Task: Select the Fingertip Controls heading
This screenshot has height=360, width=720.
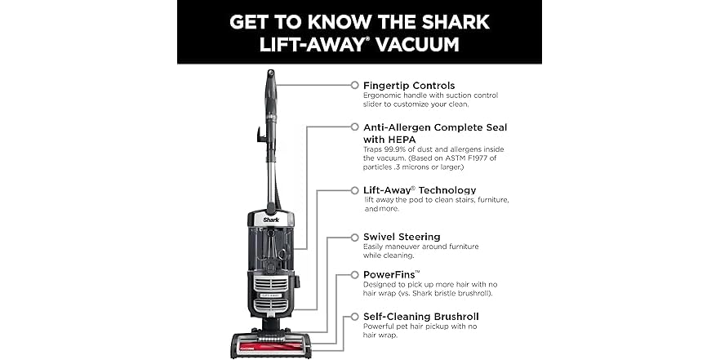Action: coord(409,85)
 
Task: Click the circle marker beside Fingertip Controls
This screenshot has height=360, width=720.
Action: coord(354,85)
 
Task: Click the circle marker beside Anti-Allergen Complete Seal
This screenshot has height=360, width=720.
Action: coord(354,127)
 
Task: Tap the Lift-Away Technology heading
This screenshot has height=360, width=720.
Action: coord(420,189)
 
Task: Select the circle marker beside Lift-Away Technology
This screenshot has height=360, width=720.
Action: coord(354,189)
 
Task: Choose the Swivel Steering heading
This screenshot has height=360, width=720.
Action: coord(402,237)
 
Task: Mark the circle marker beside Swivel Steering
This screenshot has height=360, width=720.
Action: coord(354,237)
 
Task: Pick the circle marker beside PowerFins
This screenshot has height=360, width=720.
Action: coord(354,274)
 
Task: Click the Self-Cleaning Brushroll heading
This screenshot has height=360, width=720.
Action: coord(420,316)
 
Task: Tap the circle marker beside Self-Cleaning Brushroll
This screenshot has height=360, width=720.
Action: coord(354,316)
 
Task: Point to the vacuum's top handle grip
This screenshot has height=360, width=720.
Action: coord(269,82)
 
